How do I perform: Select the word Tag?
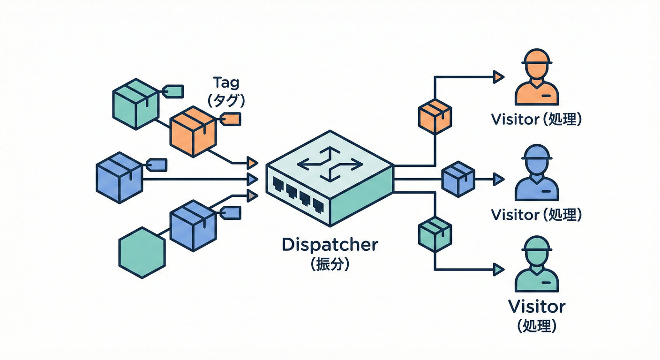226,82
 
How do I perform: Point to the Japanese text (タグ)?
226,99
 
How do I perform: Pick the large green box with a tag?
135,104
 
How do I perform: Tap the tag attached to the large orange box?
230,119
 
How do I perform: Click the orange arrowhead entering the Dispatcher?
252,163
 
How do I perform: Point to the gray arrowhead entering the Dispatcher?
252,195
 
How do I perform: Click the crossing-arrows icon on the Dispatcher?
330,164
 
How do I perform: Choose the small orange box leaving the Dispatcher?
435,115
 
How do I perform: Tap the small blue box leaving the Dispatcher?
458,178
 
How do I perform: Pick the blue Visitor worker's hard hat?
536,154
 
